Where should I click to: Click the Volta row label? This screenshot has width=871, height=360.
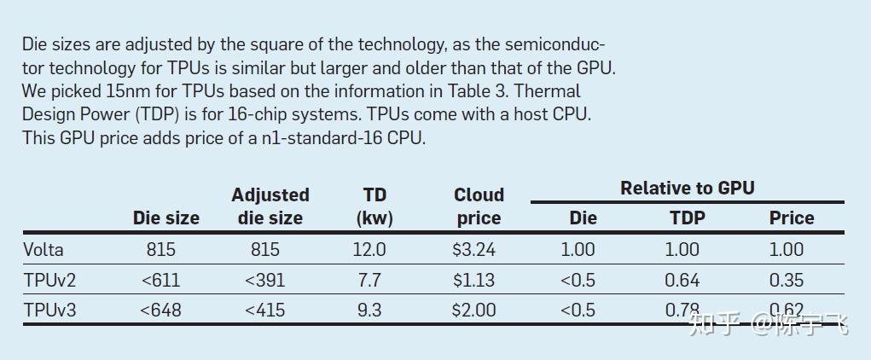[x=44, y=250]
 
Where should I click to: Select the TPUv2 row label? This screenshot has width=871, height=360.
[x=49, y=280]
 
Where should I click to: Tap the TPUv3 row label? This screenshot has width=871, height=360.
[x=49, y=310]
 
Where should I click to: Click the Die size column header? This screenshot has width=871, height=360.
[x=165, y=218]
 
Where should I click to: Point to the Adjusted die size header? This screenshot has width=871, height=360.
[x=270, y=206]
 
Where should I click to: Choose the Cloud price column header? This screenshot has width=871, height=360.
[x=479, y=206]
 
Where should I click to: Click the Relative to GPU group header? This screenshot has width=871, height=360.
[x=687, y=189]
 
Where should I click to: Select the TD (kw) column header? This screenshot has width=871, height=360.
[x=375, y=206]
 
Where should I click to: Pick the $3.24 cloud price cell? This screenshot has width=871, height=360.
[x=473, y=250]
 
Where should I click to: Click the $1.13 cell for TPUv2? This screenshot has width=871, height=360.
[x=473, y=280]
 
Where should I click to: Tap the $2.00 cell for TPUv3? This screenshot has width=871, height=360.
[x=473, y=310]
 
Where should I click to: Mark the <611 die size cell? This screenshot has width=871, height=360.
[x=160, y=280]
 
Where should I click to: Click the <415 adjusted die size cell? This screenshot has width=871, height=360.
[x=264, y=310]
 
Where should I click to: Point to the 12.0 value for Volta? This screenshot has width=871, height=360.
[x=369, y=250]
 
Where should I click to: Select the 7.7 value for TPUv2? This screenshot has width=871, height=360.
[x=369, y=280]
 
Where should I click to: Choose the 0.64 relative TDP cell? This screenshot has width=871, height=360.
[x=682, y=280]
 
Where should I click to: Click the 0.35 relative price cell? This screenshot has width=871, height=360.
[x=786, y=280]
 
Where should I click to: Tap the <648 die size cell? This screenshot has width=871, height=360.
[x=160, y=310]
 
